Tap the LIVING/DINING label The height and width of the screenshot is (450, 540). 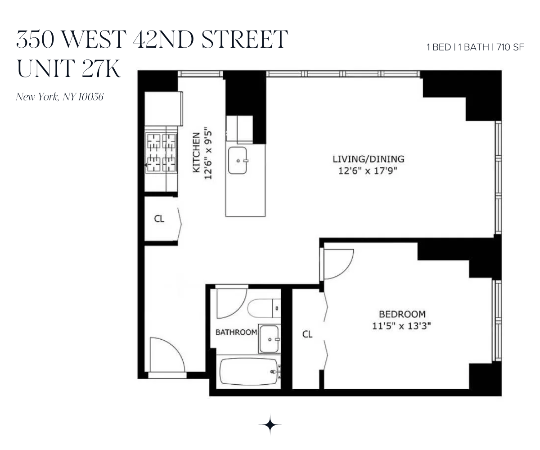coord(368,159)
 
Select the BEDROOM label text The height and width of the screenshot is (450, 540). coord(402,314)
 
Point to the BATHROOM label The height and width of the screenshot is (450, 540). coord(236,333)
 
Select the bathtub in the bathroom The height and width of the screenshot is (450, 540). coord(248,372)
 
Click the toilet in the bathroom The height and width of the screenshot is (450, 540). coord(263,309)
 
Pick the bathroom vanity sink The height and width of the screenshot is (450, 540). coord(270,339)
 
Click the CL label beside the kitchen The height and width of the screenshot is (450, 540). coord(159,219)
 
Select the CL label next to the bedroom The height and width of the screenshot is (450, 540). coord(307,334)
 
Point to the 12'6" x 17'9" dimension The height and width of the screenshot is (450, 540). coord(368,171)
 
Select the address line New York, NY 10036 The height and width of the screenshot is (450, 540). coord(59,97)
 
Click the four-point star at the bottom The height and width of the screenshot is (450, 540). coord(270,425)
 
